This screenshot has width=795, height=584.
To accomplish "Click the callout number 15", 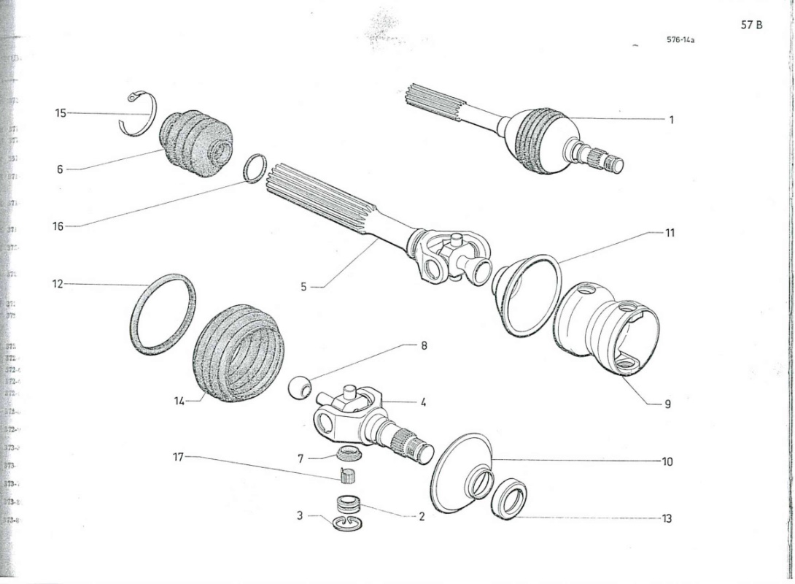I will click(61, 113).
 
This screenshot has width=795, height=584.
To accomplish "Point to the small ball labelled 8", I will click(298, 387).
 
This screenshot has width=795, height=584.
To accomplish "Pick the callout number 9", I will click(667, 403).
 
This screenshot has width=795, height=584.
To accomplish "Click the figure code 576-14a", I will click(680, 40).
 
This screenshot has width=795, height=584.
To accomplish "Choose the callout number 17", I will click(178, 457).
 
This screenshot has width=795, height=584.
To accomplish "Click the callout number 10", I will click(667, 461).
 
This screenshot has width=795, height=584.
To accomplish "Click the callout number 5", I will click(303, 287).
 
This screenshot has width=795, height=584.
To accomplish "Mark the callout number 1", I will click(672, 120).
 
